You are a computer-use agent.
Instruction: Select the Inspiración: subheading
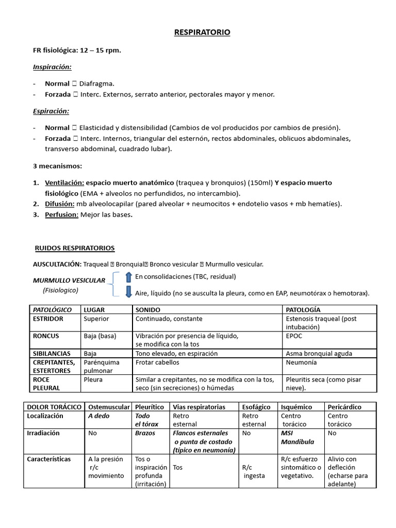(x=52, y=67)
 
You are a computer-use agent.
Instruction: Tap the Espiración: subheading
(x=51, y=111)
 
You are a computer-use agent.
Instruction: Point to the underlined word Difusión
(x=59, y=204)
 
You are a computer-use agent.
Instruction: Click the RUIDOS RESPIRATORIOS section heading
(x=74, y=248)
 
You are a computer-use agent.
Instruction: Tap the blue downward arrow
(x=129, y=292)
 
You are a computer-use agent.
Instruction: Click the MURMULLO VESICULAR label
(x=69, y=280)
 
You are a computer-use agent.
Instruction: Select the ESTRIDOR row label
(x=48, y=319)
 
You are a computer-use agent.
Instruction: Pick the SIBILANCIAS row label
(x=51, y=354)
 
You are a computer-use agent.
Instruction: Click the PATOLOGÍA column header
(x=303, y=310)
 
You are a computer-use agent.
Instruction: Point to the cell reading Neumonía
(x=301, y=362)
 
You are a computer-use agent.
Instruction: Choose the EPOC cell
(x=294, y=336)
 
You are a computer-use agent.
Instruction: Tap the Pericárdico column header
(x=345, y=407)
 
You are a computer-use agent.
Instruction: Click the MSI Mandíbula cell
(x=298, y=437)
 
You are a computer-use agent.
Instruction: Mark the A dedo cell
(x=99, y=416)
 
